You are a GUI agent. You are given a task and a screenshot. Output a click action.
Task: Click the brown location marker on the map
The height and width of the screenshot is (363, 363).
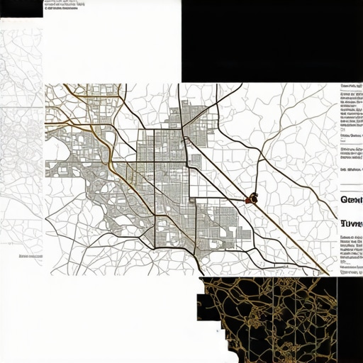252,199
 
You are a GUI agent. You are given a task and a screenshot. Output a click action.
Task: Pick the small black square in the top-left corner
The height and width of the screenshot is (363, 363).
21,9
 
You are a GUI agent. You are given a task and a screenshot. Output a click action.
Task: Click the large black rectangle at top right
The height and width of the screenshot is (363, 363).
272,41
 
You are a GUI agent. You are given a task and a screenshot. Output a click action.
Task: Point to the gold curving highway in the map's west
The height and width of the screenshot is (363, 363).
106,149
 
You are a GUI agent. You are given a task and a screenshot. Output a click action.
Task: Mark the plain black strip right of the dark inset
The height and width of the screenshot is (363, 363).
350,319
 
